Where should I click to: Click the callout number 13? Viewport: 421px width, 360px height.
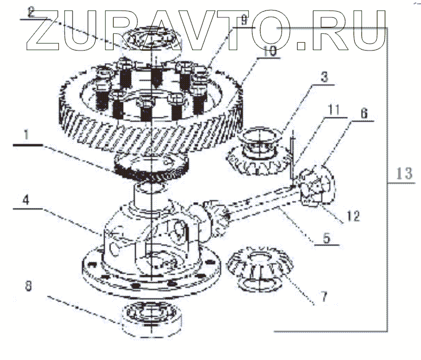[x=404, y=174]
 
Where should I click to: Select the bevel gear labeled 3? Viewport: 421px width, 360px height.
[x=258, y=153]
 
